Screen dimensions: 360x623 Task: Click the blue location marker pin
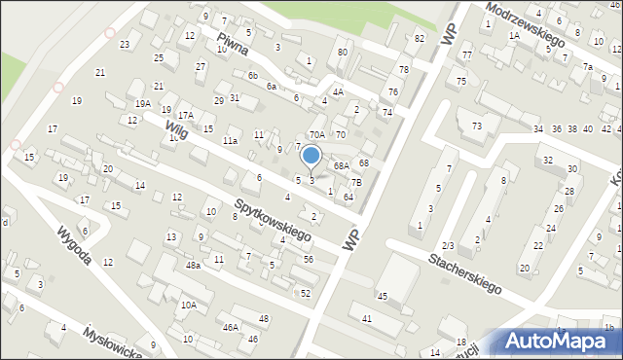[x=311, y=156]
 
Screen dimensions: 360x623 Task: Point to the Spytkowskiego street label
[x=272, y=221]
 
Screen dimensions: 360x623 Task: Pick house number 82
[x=419, y=38]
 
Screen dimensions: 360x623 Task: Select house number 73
[x=477, y=126]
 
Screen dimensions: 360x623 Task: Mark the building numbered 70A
[x=317, y=135]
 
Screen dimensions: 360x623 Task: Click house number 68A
[x=341, y=166]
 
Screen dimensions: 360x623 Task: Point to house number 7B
[x=356, y=182]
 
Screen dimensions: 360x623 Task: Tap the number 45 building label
[x=383, y=296]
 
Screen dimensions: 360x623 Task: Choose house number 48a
[x=194, y=266]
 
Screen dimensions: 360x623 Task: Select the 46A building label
[x=230, y=328]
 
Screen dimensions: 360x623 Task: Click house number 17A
[x=185, y=115]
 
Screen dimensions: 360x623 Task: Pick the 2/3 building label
[x=448, y=245]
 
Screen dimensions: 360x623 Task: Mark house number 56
[x=308, y=259]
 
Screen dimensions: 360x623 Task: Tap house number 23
[x=125, y=45]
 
